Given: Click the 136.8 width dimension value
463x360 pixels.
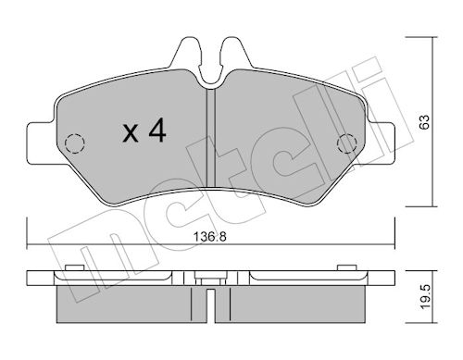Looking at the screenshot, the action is pos(209,237).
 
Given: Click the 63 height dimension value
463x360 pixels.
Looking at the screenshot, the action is pos(425,122).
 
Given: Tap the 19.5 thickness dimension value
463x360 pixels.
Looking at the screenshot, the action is pos(425,297).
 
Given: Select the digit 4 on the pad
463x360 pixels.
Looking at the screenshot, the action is pos(157,131).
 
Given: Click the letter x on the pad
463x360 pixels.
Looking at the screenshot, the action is pos(131,133).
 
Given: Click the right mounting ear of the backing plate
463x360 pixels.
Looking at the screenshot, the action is pos(381,143).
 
